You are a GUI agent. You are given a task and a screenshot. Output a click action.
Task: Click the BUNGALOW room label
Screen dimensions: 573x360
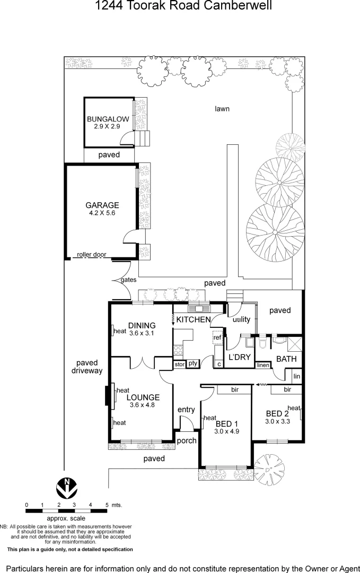(108, 119)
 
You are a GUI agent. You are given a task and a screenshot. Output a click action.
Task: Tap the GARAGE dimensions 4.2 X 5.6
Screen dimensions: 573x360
(102, 213)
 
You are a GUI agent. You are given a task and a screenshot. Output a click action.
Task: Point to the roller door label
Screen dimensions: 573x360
(91, 255)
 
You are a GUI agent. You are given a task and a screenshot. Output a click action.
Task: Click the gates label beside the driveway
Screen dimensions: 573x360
(128, 280)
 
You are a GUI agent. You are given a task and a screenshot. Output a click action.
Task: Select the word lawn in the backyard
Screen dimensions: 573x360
(222, 109)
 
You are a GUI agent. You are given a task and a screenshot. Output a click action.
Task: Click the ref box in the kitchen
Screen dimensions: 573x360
(217, 337)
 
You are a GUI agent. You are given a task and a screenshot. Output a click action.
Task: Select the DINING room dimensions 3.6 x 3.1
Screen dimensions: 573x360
(142, 333)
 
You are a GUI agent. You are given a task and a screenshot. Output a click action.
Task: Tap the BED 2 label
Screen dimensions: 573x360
(277, 413)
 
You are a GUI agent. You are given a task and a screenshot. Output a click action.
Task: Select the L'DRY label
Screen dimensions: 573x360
(239, 357)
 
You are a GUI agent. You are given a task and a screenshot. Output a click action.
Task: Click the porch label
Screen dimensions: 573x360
(186, 440)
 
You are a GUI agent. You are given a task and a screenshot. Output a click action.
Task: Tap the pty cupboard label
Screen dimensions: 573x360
(192, 363)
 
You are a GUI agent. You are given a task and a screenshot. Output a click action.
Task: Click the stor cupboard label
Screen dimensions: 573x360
(179, 364)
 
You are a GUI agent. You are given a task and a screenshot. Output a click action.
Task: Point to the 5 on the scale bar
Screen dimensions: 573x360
(107, 505)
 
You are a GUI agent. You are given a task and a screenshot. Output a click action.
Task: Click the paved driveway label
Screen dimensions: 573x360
(87, 367)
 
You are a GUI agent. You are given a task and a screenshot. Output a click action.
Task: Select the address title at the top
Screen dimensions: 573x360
(183, 6)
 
